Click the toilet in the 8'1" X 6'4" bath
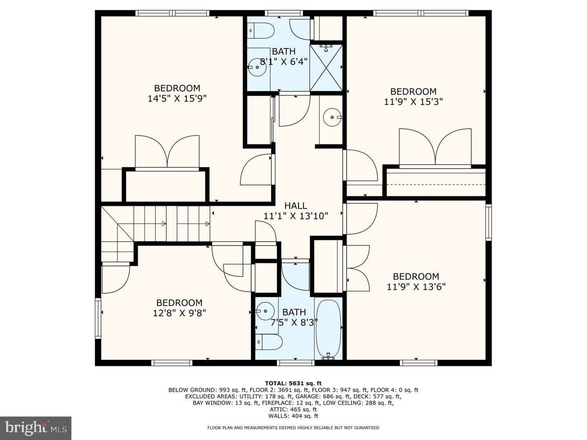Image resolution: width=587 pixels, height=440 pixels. coord(260,31)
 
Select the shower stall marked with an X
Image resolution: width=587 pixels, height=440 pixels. coord(326,68)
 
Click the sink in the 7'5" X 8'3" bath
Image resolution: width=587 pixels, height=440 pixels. coord(265,311)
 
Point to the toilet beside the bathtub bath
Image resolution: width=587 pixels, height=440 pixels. coord(269,342)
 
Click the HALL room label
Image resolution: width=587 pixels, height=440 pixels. coord(296,205)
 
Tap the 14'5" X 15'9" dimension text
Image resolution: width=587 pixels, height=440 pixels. coord(177,99)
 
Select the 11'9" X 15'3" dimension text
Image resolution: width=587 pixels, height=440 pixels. coord(413,102)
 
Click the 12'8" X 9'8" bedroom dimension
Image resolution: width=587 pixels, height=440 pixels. coord(179,313)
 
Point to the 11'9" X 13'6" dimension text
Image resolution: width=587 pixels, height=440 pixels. coord(416,287)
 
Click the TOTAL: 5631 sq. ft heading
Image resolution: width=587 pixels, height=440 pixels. coord(293,384)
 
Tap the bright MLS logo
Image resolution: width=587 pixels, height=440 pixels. coord(35,428)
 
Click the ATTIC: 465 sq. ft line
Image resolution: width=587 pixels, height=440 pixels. coord(293,409)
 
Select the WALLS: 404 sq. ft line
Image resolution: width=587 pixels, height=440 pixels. coord(293,416)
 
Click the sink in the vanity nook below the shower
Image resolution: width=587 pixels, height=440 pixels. coord(332,117)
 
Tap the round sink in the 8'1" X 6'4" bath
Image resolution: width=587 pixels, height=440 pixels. coord(257,68)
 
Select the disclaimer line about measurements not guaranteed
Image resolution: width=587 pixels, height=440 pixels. coord(293,428)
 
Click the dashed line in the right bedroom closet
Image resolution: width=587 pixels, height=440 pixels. coord(436,185)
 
